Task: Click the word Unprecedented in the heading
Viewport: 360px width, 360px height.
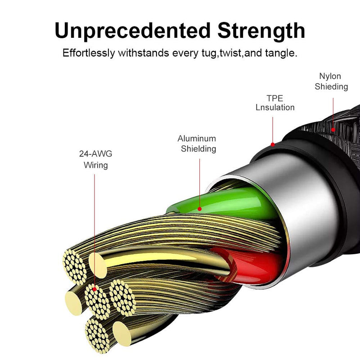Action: coord(132,31)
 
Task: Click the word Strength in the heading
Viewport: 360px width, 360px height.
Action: coord(261,31)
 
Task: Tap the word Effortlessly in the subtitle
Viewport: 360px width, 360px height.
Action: coord(89,53)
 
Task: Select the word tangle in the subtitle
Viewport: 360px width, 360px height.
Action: coord(281,53)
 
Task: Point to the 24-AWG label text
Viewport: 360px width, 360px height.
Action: coord(96,153)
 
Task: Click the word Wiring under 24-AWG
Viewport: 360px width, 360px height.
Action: coord(96,165)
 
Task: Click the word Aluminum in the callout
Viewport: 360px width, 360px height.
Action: coord(197,139)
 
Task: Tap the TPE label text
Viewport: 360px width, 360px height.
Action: coord(275,98)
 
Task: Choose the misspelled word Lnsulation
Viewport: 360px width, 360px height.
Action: coord(275,108)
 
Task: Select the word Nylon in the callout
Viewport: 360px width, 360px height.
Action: coord(330,76)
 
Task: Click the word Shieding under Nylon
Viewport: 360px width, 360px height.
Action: coord(331,86)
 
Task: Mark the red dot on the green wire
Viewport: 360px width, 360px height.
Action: coord(200,209)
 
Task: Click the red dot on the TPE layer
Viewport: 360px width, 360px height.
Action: coord(273,144)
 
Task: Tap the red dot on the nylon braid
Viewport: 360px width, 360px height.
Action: coord(333,130)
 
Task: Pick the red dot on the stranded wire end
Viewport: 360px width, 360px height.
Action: coord(94,289)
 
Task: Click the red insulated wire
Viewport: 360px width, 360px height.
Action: coord(250,266)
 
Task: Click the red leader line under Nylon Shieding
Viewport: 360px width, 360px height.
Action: coord(333,113)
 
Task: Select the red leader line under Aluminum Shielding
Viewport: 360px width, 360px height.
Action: coord(199,183)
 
